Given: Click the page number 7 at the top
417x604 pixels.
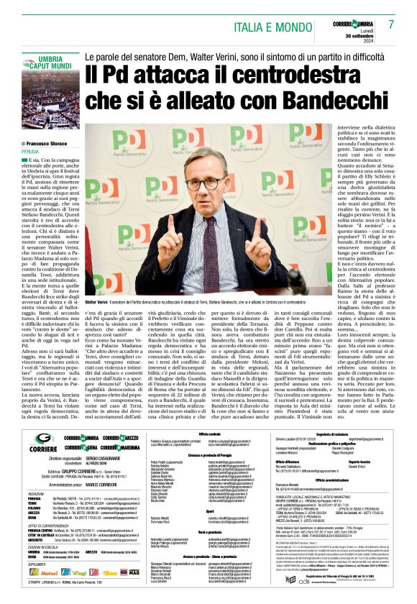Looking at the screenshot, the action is [391, 24].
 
